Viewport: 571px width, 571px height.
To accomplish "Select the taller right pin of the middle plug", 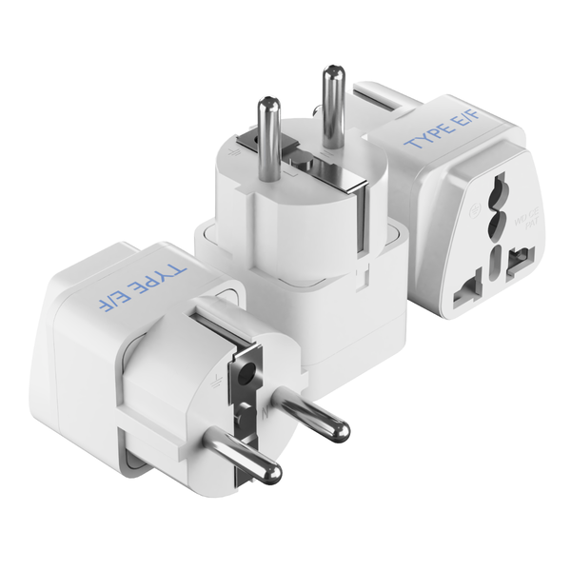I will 333,105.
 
